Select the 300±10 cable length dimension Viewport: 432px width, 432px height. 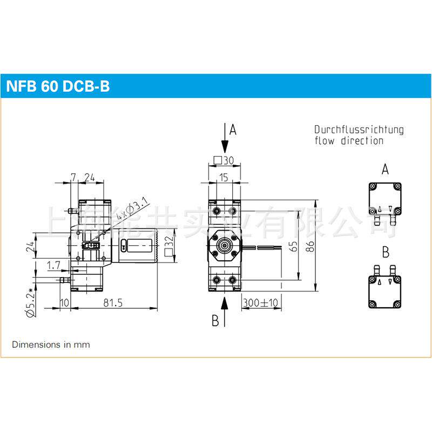click(x=260, y=303)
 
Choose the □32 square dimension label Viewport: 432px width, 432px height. click(x=169, y=246)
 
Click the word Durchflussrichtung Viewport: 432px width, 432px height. click(x=359, y=130)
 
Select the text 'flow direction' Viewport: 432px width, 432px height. click(x=349, y=141)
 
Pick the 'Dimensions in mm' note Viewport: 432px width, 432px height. click(x=51, y=344)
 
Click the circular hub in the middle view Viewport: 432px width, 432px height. click(x=224, y=245)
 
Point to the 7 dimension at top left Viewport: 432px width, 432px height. click(x=73, y=176)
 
